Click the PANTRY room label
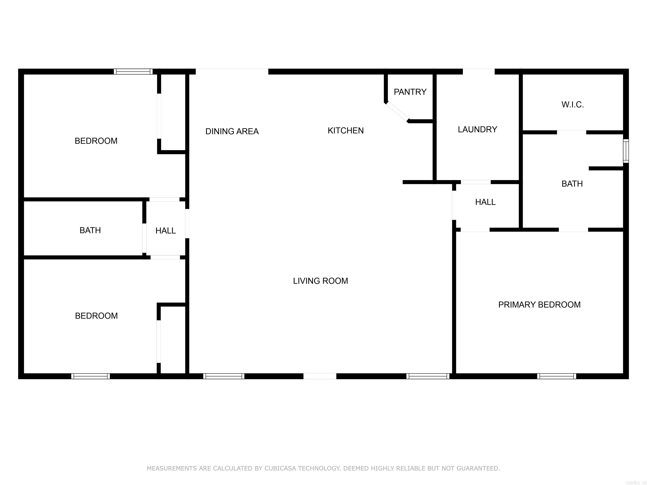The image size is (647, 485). [410, 92]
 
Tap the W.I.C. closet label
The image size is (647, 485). [572, 105]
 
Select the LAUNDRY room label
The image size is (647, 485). [477, 129]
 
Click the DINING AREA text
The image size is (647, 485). [232, 131]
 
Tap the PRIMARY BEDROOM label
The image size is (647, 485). [539, 304]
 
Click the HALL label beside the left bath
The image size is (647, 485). [166, 231]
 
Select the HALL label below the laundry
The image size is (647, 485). [485, 202]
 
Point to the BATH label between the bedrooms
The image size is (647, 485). [90, 230]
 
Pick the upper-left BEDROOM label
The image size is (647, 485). [96, 141]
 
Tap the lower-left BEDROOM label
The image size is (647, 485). [96, 316]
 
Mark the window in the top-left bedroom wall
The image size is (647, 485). [133, 72]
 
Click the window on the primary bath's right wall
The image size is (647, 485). [626, 151]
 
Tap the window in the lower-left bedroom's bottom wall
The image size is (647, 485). [90, 376]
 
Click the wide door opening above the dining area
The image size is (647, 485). [232, 72]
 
